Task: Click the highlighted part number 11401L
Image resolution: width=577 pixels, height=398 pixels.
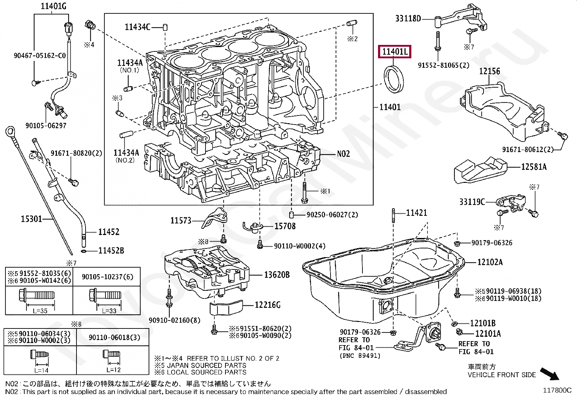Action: tap(395, 52)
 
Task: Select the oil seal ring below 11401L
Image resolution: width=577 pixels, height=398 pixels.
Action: tap(394, 80)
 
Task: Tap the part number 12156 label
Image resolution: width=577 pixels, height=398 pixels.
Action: tap(489, 71)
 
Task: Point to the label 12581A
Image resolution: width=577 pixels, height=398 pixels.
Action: tap(534, 167)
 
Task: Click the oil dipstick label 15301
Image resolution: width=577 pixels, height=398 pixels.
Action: tap(31, 219)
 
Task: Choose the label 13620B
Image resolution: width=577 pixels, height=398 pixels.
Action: tap(277, 275)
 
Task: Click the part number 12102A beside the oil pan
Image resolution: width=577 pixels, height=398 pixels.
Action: tap(490, 262)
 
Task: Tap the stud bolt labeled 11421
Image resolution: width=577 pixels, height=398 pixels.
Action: tap(393, 215)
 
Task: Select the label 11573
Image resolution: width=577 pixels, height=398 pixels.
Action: tap(181, 221)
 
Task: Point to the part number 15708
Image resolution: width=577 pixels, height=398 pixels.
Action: tap(285, 226)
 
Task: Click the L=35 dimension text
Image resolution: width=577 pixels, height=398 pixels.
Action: tap(40, 311)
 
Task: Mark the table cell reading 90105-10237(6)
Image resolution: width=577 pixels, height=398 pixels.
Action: tap(107, 277)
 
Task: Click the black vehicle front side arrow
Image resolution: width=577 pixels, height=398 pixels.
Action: tap(549, 374)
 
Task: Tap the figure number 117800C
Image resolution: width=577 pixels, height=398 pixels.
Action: tap(557, 390)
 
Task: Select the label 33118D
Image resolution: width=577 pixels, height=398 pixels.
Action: tap(408, 18)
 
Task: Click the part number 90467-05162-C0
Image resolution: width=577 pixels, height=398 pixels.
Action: tap(40, 56)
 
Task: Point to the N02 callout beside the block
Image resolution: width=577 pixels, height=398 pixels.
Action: tap(343, 154)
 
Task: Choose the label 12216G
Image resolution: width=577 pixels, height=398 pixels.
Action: tap(267, 305)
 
